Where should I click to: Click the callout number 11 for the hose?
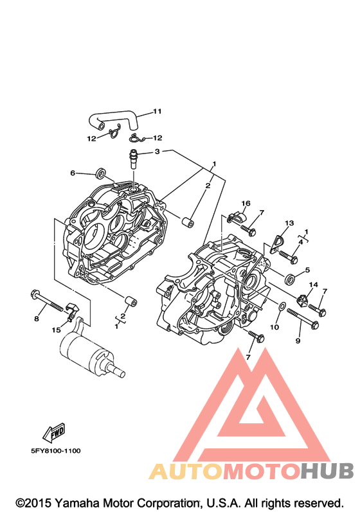click(x=157, y=111)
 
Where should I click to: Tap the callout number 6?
click(x=73, y=173)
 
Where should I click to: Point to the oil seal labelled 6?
click(x=101, y=173)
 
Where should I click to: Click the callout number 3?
click(x=157, y=152)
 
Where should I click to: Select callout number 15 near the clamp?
click(x=56, y=330)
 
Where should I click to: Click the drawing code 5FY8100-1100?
click(x=55, y=451)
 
